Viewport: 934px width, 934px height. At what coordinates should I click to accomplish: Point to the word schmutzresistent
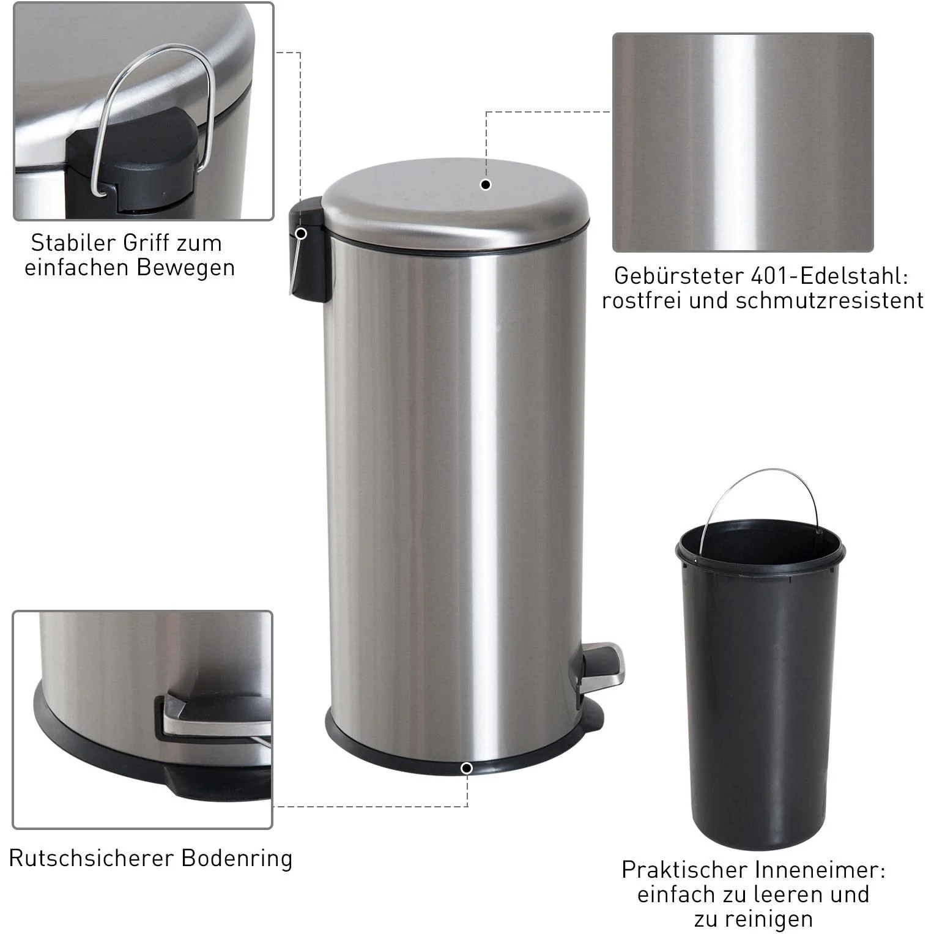coord(829,300)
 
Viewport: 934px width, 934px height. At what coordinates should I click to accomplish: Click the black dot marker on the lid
coord(486,185)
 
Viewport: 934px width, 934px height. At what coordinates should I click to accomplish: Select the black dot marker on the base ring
coord(467,768)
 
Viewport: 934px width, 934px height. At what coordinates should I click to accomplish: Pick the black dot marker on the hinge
coord(301,233)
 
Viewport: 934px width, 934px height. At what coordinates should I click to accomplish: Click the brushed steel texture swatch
coord(743,143)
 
